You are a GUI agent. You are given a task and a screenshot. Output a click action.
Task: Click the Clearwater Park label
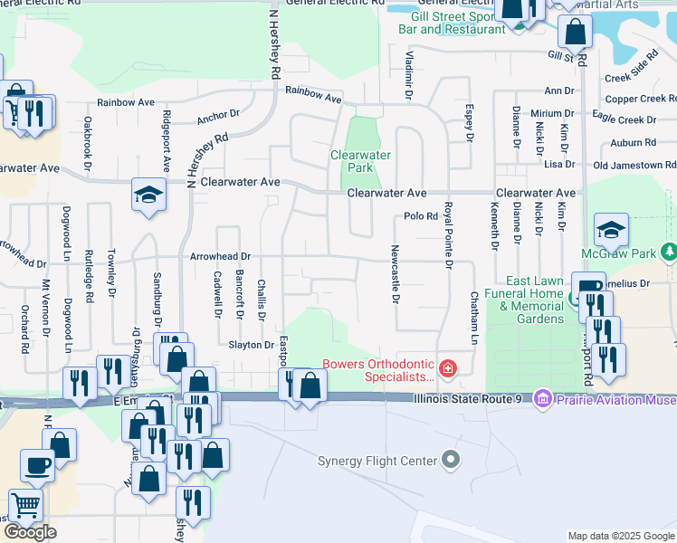360,161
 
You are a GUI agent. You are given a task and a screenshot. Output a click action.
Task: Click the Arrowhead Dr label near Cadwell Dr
220,257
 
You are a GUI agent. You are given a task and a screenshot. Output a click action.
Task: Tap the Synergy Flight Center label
377,461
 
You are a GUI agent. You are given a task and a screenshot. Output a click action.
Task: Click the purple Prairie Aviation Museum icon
543,398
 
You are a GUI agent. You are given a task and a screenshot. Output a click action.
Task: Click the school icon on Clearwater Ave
148,195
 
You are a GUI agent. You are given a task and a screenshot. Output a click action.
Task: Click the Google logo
30,532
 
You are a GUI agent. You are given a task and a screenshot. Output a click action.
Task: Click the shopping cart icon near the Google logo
24,505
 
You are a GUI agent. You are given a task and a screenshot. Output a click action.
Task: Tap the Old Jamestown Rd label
634,166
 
